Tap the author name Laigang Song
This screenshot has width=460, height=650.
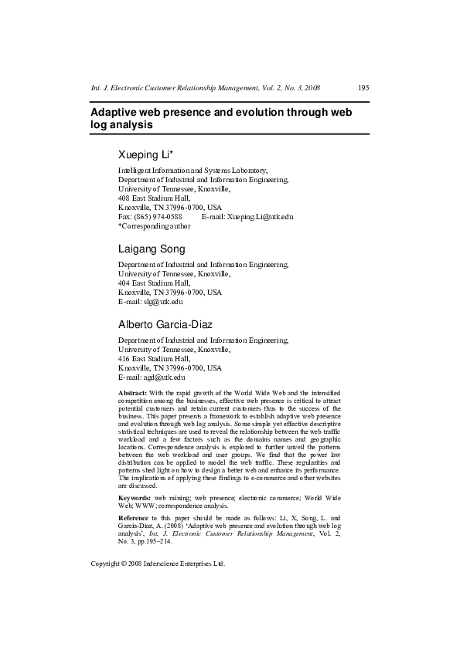coord(152,249)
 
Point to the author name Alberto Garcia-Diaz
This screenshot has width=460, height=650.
coord(169,325)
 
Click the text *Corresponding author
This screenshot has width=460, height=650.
coord(154,226)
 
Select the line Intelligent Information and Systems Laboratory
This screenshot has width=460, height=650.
coord(193,170)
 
